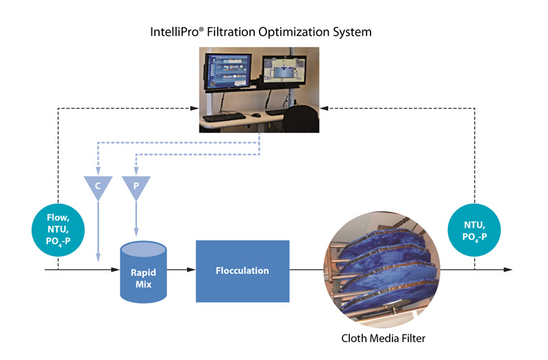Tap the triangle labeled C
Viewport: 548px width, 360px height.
(x=98, y=186)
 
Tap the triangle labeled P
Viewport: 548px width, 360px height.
(x=136, y=186)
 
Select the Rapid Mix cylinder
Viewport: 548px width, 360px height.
(x=143, y=272)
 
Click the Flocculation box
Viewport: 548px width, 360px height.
(x=242, y=271)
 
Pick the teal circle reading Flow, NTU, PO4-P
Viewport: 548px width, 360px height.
(x=58, y=230)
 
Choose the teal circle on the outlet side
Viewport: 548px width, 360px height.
(x=474, y=230)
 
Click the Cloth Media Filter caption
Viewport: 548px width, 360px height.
(x=384, y=338)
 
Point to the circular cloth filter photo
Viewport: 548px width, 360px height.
(x=382, y=270)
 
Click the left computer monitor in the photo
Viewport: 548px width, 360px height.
(x=227, y=71)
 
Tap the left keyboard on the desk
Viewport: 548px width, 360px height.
(x=224, y=116)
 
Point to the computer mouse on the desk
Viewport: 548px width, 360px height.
(x=256, y=115)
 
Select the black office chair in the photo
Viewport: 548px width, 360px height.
(x=301, y=118)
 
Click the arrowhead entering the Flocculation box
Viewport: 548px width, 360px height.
(x=191, y=270)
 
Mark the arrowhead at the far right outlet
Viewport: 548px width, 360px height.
(x=508, y=270)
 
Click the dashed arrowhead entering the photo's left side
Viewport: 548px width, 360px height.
(x=195, y=108)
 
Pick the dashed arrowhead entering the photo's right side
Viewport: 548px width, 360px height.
(x=324, y=108)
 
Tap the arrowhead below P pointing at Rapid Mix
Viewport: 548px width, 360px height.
(x=136, y=232)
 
